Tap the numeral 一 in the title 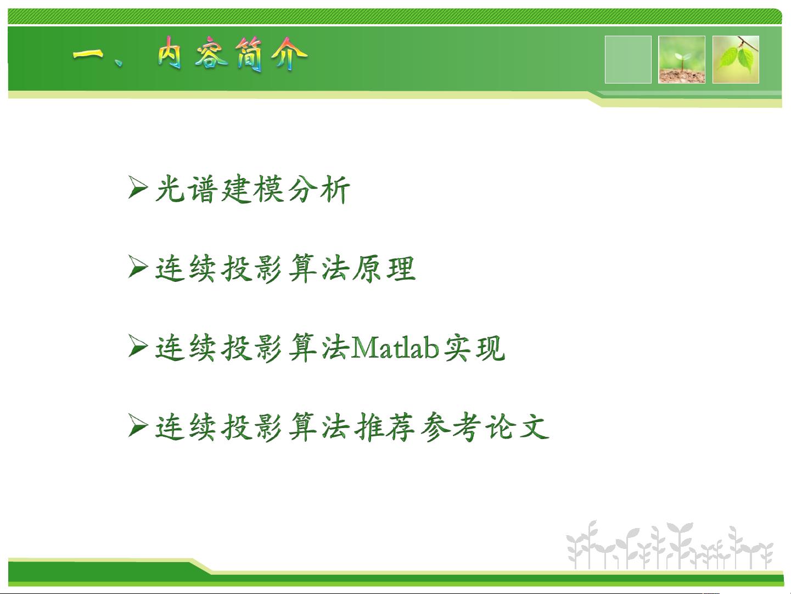pos(88,55)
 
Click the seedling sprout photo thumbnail pos(682,59)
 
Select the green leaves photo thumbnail pos(736,59)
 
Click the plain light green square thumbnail pos(628,59)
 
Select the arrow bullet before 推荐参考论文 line pos(138,426)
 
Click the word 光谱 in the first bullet pos(185,190)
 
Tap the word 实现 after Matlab pos(474,348)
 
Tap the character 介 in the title pos(291,55)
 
